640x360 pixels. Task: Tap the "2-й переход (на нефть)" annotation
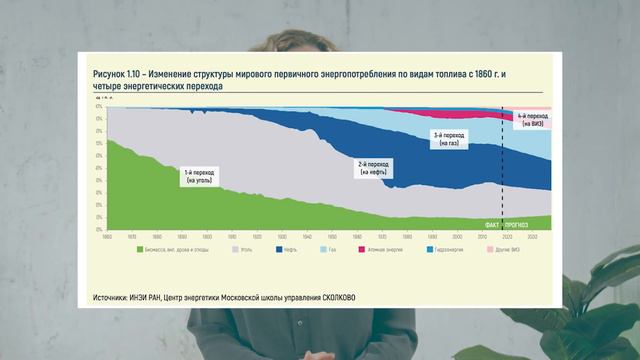pyautogui.click(x=373, y=167)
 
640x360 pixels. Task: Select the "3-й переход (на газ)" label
pyautogui.click(x=447, y=139)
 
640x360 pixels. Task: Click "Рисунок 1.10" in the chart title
pyautogui.click(x=118, y=75)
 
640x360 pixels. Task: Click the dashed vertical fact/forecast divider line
pyautogui.click(x=503, y=170)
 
